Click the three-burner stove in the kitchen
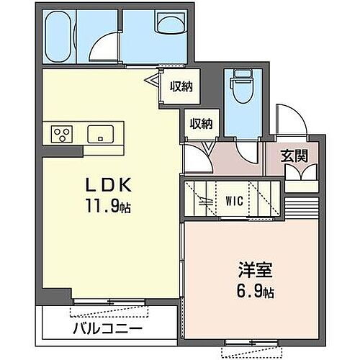coord(61,134)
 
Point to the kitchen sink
coord(99,134)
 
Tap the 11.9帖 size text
coord(108,207)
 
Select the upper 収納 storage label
coord(181,86)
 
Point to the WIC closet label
coord(233,199)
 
